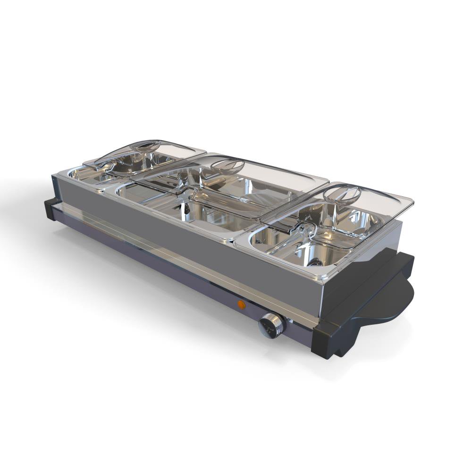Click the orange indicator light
click(x=241, y=304)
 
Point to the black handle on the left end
click(x=50, y=209)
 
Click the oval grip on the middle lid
click(x=228, y=166)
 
